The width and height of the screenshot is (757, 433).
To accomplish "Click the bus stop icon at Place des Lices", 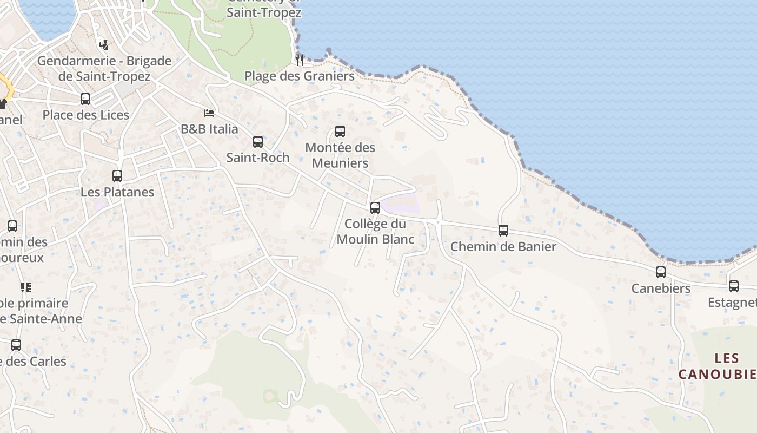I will [x=85, y=99].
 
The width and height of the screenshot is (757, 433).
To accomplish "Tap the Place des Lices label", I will [x=86, y=115].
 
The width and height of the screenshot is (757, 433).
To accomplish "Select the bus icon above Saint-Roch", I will [x=258, y=142].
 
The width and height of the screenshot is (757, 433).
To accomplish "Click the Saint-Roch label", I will [x=258, y=158].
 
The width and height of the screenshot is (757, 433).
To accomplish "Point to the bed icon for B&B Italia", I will [x=209, y=113].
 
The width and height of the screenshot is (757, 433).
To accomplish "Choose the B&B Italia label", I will [x=209, y=129].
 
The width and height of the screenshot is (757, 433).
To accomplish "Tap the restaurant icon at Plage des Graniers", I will [x=300, y=60].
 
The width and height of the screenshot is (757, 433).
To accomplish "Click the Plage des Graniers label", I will [x=300, y=76].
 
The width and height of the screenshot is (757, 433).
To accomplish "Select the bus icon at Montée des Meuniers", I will [x=340, y=132].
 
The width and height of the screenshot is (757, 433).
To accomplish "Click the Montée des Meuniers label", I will [x=340, y=155].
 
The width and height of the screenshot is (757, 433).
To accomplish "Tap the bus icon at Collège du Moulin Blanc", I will [x=375, y=208].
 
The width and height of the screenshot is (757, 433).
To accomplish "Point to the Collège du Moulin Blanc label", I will [x=375, y=231].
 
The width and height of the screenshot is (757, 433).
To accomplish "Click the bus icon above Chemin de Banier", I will [x=503, y=231].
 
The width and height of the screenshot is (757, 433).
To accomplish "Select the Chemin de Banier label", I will [x=503, y=247].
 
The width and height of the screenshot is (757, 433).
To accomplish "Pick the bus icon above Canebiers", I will [x=661, y=272].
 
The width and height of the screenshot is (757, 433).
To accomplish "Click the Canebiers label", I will [x=661, y=288].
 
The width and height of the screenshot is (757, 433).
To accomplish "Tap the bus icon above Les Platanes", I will [x=117, y=176].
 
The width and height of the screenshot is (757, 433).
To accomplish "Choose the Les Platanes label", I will [x=117, y=192].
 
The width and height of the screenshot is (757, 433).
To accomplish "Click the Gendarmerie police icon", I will [x=104, y=45].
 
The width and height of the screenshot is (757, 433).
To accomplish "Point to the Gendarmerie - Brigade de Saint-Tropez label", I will [x=104, y=69].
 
